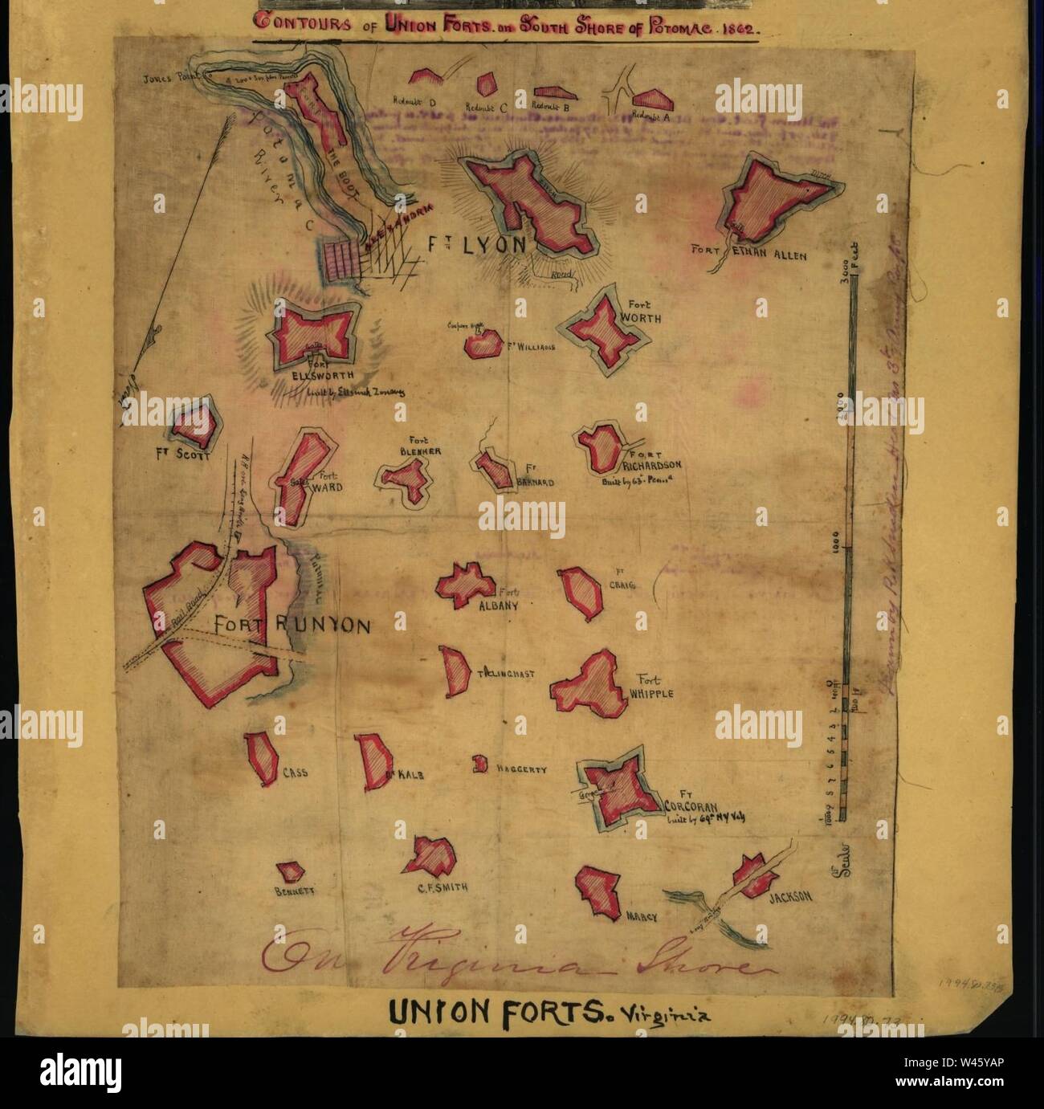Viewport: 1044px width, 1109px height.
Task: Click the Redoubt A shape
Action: pos(651,99)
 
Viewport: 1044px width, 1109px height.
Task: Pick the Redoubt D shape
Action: pos(426,77)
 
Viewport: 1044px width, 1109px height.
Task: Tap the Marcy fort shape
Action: pos(598,887)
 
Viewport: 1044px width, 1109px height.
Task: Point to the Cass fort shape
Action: pos(263,758)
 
